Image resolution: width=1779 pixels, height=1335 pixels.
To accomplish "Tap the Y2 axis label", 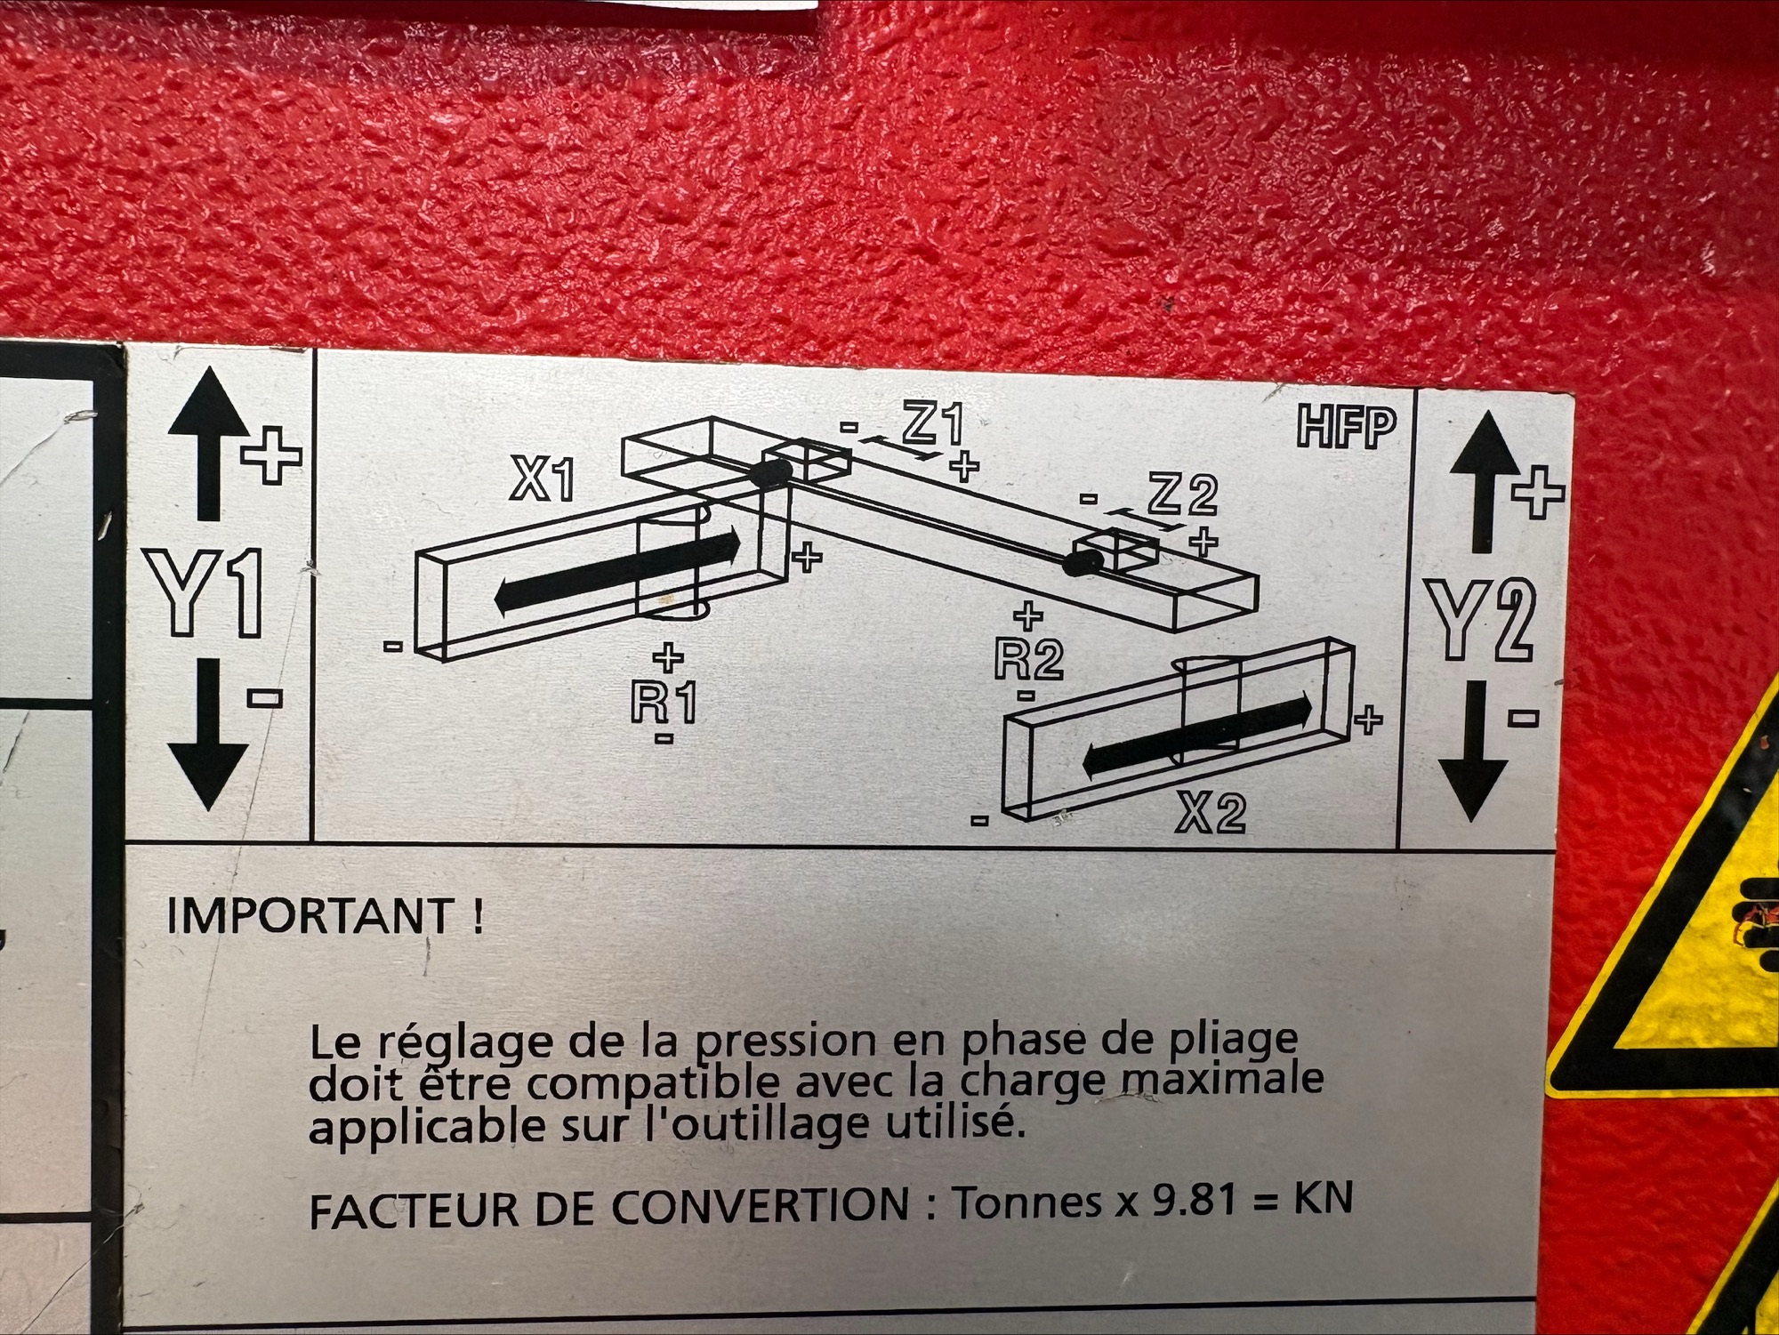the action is point(1481,620).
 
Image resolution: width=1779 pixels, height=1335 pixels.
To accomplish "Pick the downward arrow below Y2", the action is point(1472,752).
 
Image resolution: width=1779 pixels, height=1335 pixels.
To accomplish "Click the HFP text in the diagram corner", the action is point(1346,428).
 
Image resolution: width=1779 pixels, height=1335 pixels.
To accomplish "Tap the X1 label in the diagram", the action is point(542,481).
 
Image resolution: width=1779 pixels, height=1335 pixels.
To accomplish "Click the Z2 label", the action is point(1182,495).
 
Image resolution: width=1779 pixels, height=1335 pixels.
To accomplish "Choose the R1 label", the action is point(664,703).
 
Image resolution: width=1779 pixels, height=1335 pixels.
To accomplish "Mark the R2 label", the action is point(1028,659).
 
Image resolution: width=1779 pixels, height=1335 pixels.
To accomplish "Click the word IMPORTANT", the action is point(310,916).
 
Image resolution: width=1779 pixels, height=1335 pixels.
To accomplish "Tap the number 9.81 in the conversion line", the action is point(1194,1202).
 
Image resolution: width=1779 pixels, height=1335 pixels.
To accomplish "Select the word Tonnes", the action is point(1027,1202).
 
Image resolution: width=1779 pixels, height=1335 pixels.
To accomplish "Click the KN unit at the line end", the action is point(1324,1198).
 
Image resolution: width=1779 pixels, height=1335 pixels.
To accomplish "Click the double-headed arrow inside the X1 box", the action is point(617,570).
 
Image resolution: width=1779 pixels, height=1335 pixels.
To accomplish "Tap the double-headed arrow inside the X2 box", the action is point(1197,735).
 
